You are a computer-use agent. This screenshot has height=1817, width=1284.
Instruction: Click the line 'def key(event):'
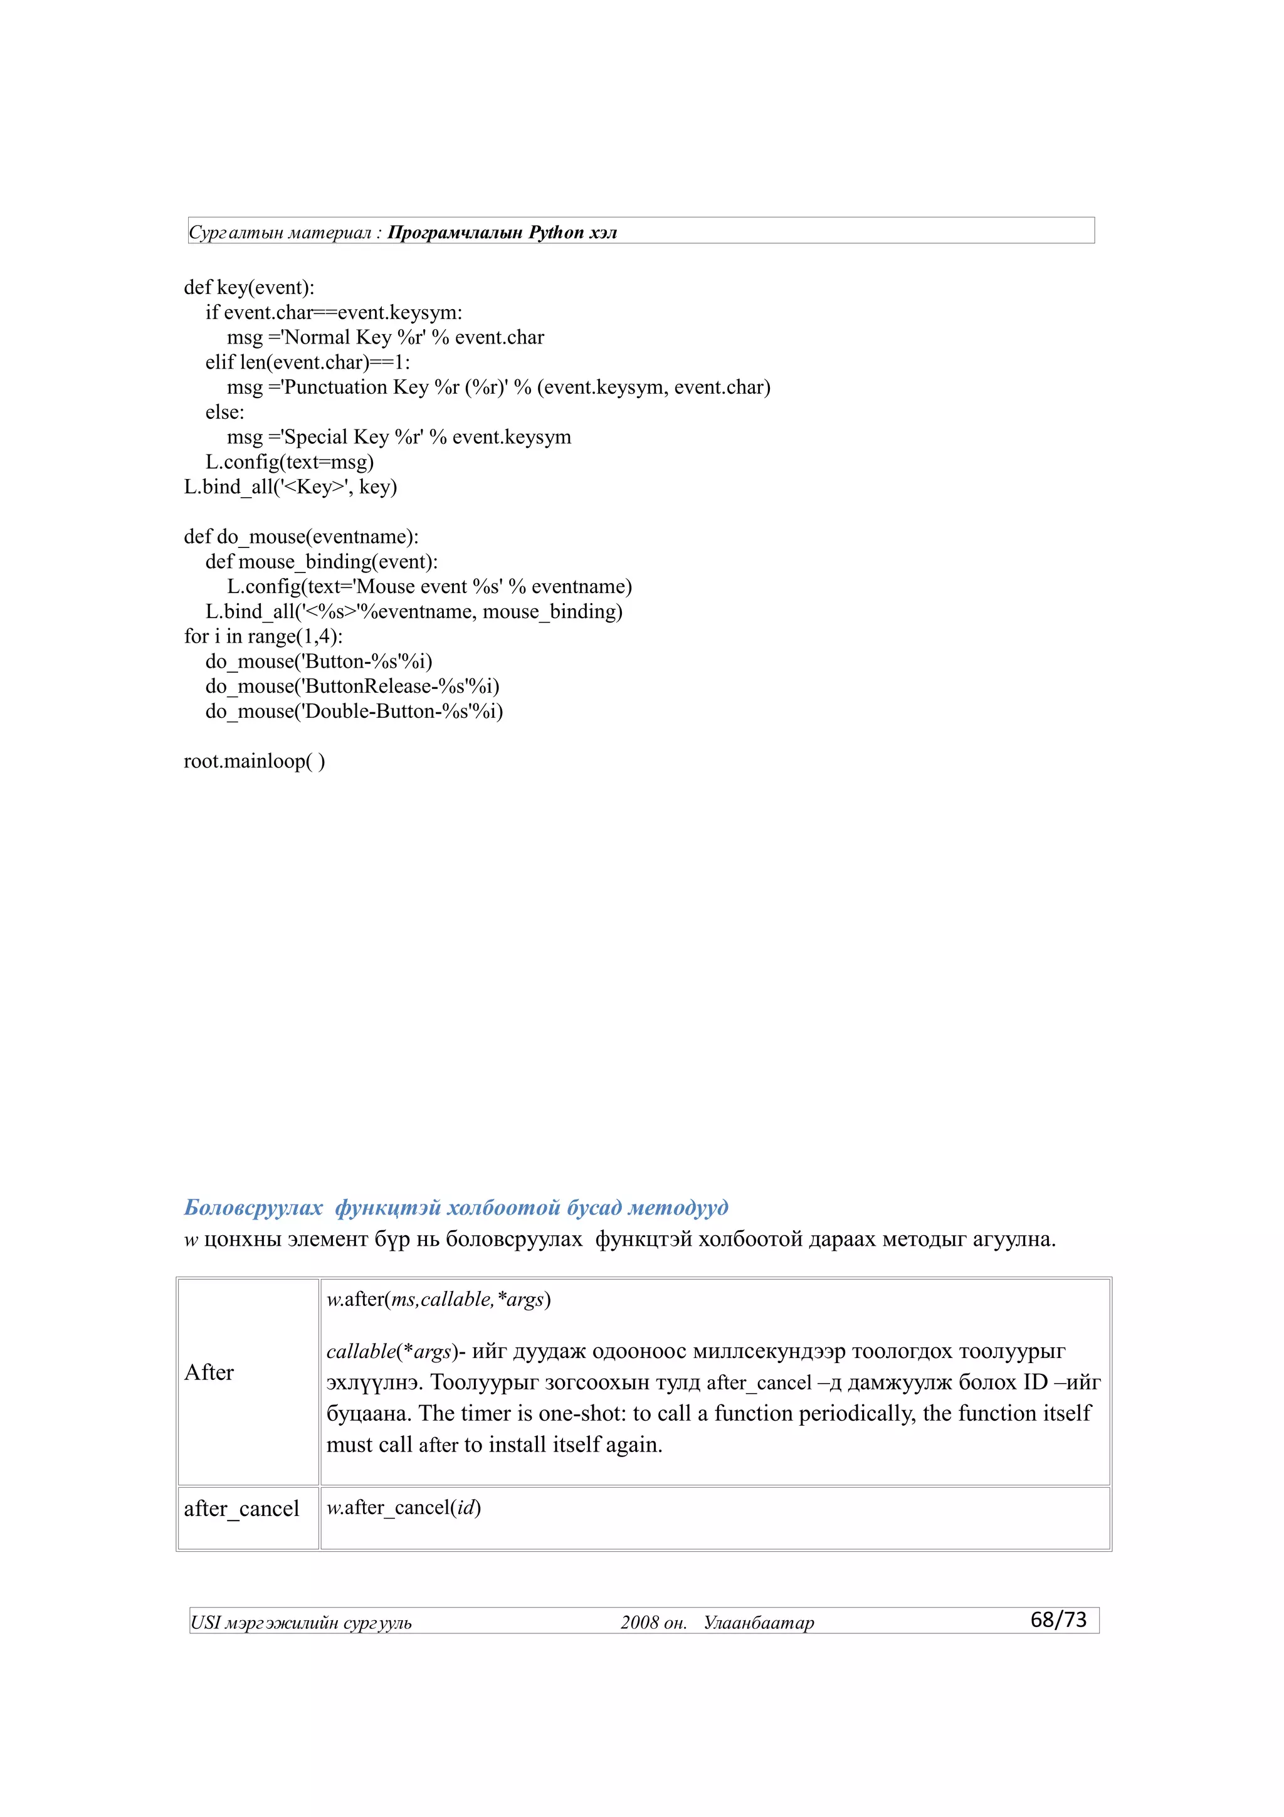[249, 287]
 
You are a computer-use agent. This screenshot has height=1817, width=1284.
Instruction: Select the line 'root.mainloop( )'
[254, 761]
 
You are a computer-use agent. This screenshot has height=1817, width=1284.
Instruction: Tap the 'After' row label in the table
[209, 1372]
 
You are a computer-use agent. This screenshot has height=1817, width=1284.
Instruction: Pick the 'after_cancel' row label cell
[241, 1509]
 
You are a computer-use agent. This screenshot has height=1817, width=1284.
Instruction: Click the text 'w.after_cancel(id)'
[404, 1507]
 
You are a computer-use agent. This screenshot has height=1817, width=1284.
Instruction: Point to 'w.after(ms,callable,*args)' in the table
[438, 1300]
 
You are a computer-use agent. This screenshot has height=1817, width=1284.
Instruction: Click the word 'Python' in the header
[555, 233]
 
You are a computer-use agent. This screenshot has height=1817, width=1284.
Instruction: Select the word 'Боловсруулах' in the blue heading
[253, 1208]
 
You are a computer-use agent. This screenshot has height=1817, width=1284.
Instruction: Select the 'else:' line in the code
[224, 413]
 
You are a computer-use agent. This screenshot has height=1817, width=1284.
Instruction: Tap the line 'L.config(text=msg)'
[290, 461]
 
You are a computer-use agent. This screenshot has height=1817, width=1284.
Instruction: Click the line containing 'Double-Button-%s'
[354, 712]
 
